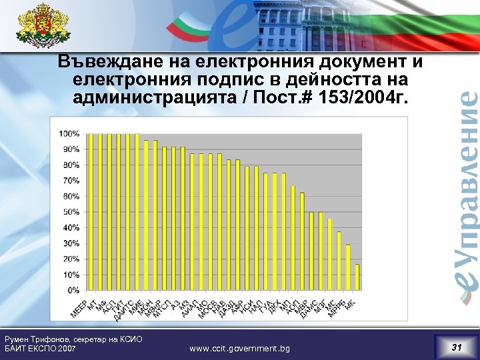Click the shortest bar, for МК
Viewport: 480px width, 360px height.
(x=357, y=277)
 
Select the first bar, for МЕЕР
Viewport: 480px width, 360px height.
(x=91, y=212)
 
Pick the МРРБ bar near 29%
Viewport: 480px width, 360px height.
(x=347, y=267)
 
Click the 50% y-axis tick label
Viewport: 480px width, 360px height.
(x=71, y=212)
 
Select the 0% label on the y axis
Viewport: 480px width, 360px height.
(x=73, y=291)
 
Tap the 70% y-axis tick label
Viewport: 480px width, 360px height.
(x=71, y=181)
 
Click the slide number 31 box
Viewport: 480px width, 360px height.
(x=456, y=347)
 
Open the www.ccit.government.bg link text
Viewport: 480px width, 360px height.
(x=239, y=348)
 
